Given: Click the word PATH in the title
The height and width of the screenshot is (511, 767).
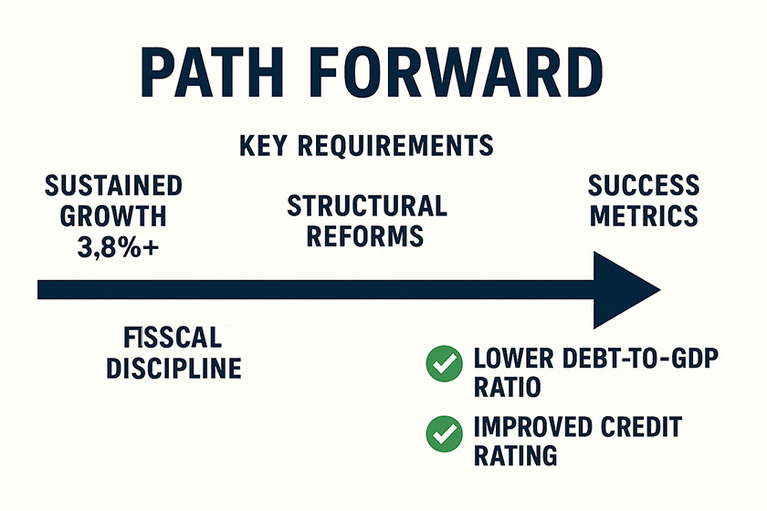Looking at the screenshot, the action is pyautogui.click(x=212, y=73).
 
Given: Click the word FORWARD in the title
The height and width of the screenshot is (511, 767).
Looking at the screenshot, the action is pyautogui.click(x=456, y=73).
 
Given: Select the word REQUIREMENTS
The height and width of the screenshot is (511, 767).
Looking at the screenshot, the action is pyautogui.click(x=395, y=145).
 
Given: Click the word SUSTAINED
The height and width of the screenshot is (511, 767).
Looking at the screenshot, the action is pyautogui.click(x=113, y=186).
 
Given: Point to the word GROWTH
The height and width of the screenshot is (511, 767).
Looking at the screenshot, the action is pyautogui.click(x=113, y=216).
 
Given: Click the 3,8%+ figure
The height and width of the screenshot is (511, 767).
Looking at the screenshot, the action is pyautogui.click(x=118, y=247).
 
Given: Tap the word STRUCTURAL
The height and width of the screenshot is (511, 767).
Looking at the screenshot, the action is pyautogui.click(x=367, y=205).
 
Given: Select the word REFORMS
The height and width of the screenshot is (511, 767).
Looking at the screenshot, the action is pyautogui.click(x=365, y=236).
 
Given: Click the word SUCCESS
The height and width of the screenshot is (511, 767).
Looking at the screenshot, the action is pyautogui.click(x=644, y=185).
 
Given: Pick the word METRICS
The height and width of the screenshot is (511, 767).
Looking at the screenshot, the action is pyautogui.click(x=644, y=215).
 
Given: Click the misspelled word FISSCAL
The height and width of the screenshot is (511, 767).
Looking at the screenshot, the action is pyautogui.click(x=173, y=338).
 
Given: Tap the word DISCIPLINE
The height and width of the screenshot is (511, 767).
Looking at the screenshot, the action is pyautogui.click(x=174, y=369).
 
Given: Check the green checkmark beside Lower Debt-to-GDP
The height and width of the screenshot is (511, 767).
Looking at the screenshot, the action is pyautogui.click(x=444, y=363).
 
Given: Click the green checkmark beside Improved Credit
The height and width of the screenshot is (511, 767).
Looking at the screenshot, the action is pyautogui.click(x=444, y=433).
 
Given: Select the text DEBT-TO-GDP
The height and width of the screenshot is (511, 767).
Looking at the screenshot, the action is pyautogui.click(x=640, y=359).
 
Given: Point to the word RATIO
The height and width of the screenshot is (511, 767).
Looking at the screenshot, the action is pyautogui.click(x=508, y=387).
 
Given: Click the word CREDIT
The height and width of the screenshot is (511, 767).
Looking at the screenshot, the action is pyautogui.click(x=641, y=427).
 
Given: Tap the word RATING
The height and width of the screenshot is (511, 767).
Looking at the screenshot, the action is pyautogui.click(x=516, y=455).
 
